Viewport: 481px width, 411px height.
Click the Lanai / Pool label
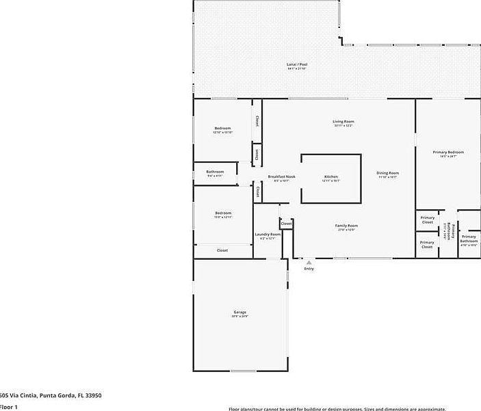297,64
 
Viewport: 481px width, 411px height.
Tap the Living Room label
343,122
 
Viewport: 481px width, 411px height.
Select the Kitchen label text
331,177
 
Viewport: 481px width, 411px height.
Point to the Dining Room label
387,173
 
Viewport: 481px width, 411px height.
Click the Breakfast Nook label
281,177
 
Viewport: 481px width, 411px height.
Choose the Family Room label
346,226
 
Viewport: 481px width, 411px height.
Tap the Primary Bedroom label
448,152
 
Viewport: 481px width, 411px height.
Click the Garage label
239,313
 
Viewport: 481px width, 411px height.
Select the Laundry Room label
268,235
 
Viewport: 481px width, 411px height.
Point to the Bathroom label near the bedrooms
216,172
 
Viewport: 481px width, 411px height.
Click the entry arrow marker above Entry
309,262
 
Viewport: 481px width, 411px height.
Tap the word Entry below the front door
309,269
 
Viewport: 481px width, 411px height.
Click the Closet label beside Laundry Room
286,224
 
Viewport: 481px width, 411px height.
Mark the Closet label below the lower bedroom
222,250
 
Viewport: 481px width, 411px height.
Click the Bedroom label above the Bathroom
222,129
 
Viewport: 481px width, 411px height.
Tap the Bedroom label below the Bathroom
223,213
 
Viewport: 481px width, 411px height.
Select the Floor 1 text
8,407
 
